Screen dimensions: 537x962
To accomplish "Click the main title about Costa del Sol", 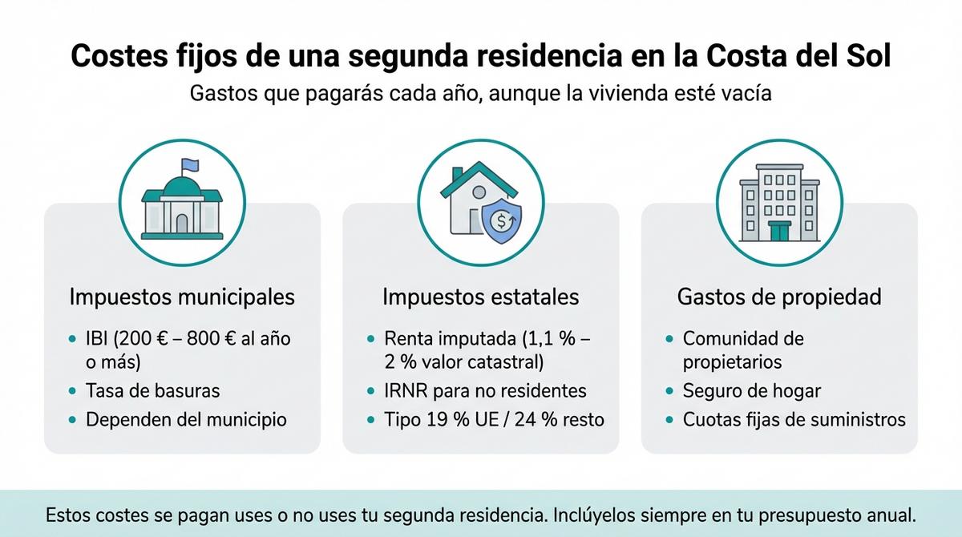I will coord(481,57).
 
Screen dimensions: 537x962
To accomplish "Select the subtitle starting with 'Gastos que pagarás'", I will coord(481,93).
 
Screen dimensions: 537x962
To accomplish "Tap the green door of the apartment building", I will coord(779,231).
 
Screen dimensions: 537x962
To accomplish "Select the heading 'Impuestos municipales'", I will coord(182,297).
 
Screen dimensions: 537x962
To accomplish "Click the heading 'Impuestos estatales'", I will coord(480,297).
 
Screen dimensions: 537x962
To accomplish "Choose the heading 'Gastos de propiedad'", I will coord(779,297).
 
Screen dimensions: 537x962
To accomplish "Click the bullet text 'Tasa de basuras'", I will coord(152,390).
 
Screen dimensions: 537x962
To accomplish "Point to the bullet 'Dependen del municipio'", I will coord(186,419).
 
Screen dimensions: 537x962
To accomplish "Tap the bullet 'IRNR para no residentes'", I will coord(485,390).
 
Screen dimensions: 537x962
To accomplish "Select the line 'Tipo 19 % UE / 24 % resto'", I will coord(494,419).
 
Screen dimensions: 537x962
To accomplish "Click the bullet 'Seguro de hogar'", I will coord(751,390).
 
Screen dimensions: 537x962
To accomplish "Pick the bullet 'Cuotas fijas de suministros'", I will coord(794,419).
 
